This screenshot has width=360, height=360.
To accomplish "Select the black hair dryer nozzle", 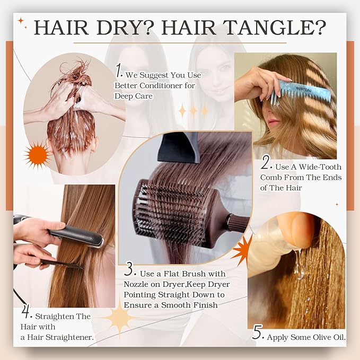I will pos(179,146).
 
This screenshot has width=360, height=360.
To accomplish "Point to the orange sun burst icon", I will pos(38,155).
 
